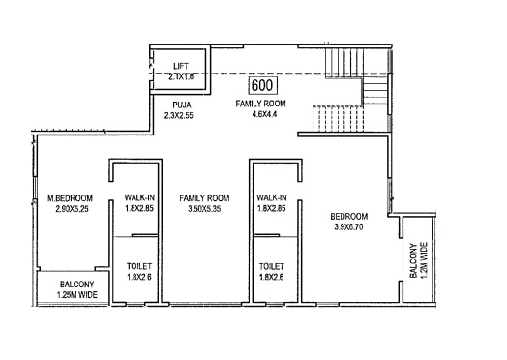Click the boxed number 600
(x=262, y=86)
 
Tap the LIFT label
(x=181, y=67)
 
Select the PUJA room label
(x=182, y=105)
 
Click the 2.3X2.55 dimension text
(x=179, y=116)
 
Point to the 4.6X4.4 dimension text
(x=264, y=114)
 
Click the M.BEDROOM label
(x=71, y=198)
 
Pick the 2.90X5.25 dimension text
(x=72, y=209)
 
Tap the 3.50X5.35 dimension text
(x=204, y=209)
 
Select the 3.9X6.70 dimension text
(x=348, y=227)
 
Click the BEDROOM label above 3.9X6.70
(x=349, y=217)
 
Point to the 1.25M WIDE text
(x=77, y=295)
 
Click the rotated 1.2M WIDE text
(x=424, y=260)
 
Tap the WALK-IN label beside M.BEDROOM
(x=139, y=197)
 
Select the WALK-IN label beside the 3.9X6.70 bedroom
(x=272, y=197)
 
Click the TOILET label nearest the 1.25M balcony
(x=139, y=266)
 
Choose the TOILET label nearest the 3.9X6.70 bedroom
(x=272, y=266)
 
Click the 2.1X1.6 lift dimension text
(x=181, y=77)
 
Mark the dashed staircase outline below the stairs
(x=338, y=118)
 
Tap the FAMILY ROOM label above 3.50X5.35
(x=204, y=198)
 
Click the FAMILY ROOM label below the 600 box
(x=260, y=104)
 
